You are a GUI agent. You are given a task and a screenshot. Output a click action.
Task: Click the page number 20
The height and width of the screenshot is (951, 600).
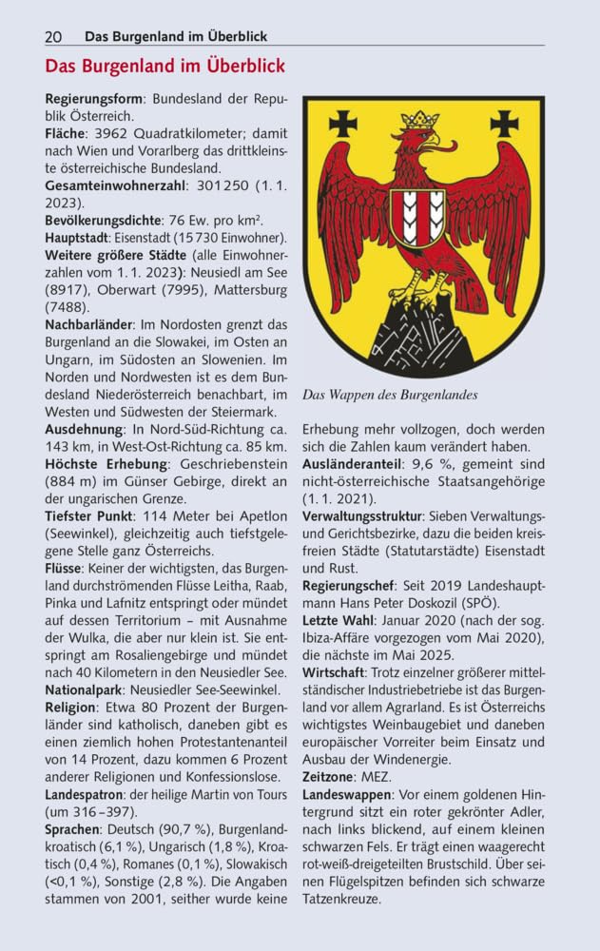point(53,36)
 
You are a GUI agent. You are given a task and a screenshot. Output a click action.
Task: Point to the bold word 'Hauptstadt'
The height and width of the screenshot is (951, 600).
point(75,237)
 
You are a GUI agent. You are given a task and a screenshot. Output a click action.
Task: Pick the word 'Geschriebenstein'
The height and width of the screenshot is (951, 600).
point(227,464)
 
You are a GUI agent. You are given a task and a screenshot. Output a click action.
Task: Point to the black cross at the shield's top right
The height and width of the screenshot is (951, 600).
point(504,123)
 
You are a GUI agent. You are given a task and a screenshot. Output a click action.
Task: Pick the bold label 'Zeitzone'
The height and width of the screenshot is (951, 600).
point(330,777)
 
